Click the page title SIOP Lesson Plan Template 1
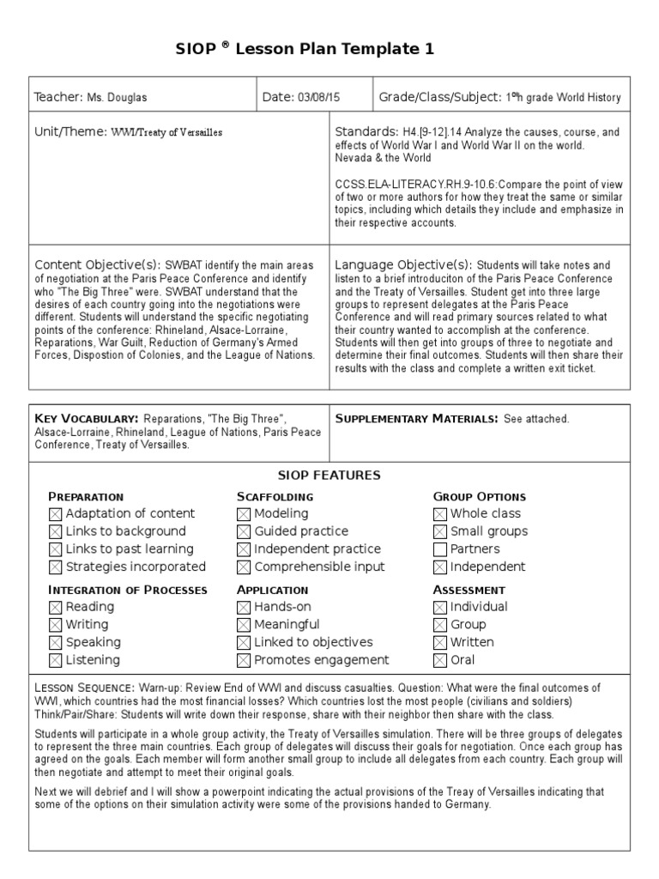pos(329,50)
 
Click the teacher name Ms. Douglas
pos(117,98)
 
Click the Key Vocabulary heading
pos(87,418)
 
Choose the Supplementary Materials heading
pos(415,418)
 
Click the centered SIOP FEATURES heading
pos(329,476)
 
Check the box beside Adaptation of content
pos(56,514)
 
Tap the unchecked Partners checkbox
pos(440,549)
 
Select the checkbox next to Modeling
pos(244,514)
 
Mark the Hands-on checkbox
pos(244,607)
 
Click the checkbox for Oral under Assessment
pos(440,660)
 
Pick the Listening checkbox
pos(56,660)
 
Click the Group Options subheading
pos(479,497)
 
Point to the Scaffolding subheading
pos(275,497)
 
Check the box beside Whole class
pos(440,514)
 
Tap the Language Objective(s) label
pos(403,264)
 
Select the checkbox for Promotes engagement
pos(244,660)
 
